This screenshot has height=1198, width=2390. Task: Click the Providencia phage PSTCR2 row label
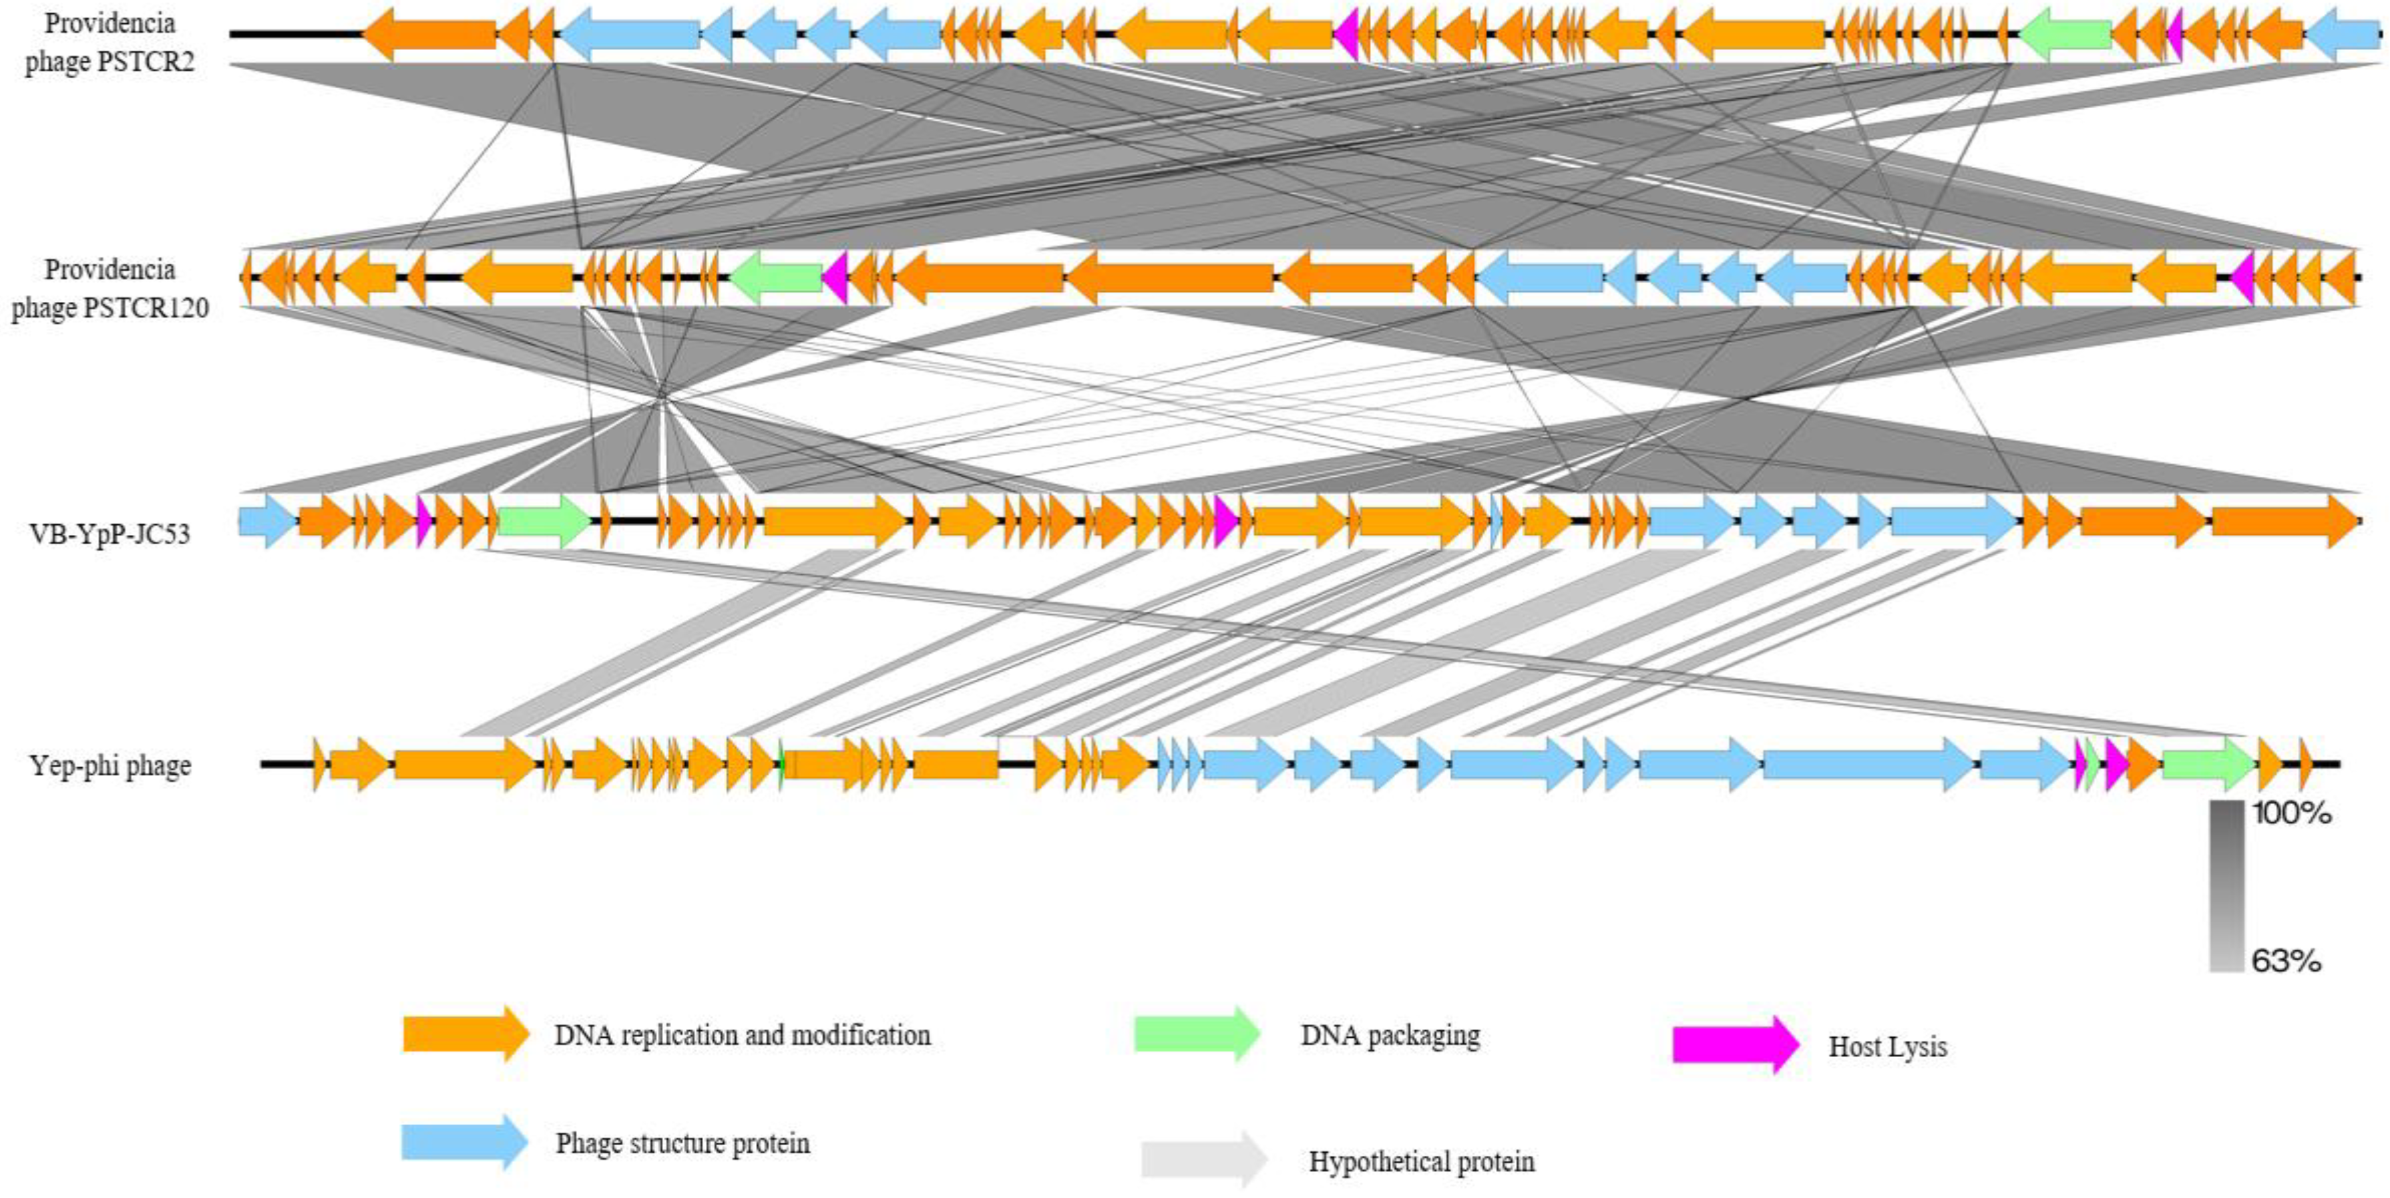[x=110, y=42]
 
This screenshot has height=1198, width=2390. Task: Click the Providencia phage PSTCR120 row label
[x=110, y=288]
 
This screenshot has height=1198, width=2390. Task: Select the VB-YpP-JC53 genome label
[x=110, y=534]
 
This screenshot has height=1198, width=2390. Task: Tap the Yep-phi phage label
[x=110, y=765]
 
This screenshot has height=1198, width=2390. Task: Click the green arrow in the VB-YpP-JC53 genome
[x=544, y=522]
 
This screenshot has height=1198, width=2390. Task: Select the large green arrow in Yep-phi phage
[x=2206, y=765]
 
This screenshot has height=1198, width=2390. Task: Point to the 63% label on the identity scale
[x=2286, y=960]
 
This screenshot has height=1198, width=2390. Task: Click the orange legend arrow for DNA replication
[x=465, y=1033]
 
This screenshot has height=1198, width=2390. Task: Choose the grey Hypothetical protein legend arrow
[x=1203, y=1159]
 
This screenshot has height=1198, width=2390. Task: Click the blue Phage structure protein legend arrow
[x=464, y=1141]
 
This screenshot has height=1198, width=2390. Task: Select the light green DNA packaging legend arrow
[x=1197, y=1033]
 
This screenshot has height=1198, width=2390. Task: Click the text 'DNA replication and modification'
[x=742, y=1034]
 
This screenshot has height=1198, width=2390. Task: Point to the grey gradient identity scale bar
[x=2226, y=886]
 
